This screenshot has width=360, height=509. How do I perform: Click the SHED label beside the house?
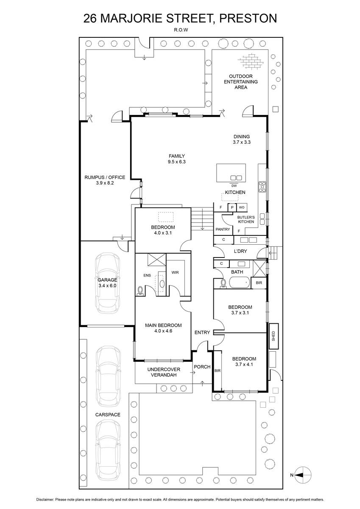pyautogui.click(x=273, y=336)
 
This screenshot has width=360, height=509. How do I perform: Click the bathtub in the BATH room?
pyautogui.click(x=239, y=282)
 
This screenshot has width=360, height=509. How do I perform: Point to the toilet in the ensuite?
pyautogui.click(x=140, y=291)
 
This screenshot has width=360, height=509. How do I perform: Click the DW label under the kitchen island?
pyautogui.click(x=234, y=186)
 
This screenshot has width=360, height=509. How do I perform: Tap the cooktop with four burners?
pyautogui.click(x=262, y=187)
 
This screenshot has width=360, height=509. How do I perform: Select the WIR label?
pyautogui.click(x=175, y=272)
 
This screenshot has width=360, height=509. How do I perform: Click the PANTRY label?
pyautogui.click(x=223, y=229)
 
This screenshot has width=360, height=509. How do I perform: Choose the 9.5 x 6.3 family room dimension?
pyautogui.click(x=177, y=162)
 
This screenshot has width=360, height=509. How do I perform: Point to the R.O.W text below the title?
pyautogui.click(x=181, y=30)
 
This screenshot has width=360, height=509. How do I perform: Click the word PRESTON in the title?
pyautogui.click(x=248, y=18)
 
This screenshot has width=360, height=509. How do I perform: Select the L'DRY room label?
pyautogui.click(x=240, y=251)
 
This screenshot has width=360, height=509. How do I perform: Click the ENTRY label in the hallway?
pyautogui.click(x=202, y=333)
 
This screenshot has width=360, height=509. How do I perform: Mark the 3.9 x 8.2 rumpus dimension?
pyautogui.click(x=105, y=183)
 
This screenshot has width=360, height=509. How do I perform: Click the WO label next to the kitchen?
pyautogui.click(x=242, y=207)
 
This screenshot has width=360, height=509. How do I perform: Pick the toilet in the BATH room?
pyautogui.click(x=223, y=283)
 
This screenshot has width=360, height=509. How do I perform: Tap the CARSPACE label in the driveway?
pyautogui.click(x=108, y=415)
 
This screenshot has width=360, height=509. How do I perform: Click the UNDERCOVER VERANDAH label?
pyautogui.click(x=164, y=372)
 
